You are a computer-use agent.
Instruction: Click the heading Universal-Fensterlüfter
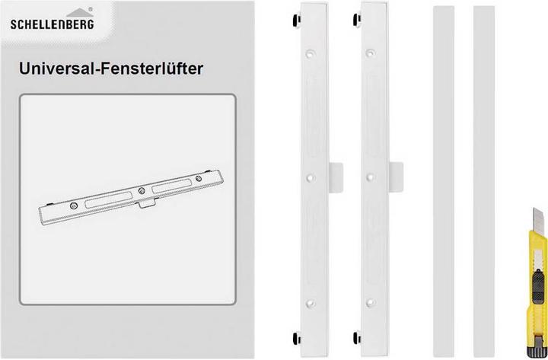tap(114, 69)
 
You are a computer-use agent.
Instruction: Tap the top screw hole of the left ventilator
tap(311, 54)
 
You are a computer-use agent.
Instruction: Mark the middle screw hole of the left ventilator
tap(311, 177)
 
